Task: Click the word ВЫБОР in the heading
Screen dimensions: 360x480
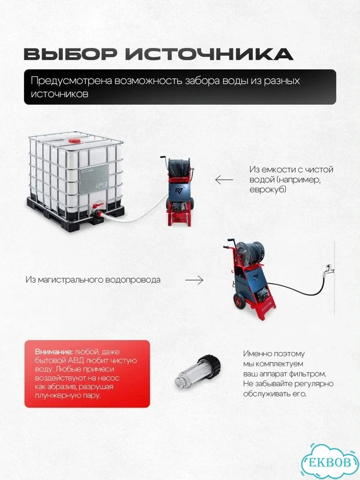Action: [70, 54]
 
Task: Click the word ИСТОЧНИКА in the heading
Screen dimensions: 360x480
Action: [209, 54]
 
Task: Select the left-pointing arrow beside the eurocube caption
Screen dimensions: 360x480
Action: [224, 180]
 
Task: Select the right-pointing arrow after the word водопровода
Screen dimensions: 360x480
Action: [194, 280]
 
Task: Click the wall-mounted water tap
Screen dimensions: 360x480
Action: [327, 268]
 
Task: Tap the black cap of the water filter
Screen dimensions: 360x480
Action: [210, 366]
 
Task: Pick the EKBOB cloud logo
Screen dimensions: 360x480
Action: [330, 462]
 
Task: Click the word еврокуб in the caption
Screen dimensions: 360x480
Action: [268, 189]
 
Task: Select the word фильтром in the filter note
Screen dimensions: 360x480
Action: [309, 374]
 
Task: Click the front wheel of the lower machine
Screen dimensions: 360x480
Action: [239, 301]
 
